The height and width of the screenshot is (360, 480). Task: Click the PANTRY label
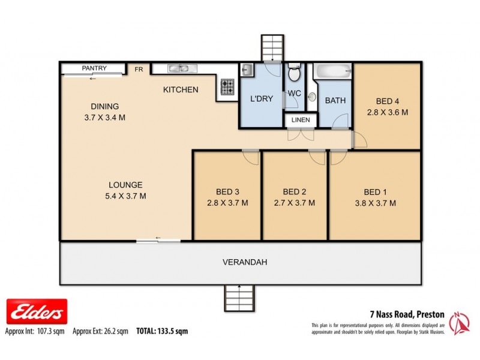coord(94,68)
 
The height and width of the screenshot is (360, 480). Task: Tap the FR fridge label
coord(139,70)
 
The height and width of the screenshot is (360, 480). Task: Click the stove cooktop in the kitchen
coord(227,88)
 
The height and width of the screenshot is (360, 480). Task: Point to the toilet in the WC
coord(294,74)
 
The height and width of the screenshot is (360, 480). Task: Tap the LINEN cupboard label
coord(301,120)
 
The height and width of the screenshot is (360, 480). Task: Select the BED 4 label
coord(388,101)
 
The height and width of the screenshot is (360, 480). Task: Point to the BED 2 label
coord(295,192)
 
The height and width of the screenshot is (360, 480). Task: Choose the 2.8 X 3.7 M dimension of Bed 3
coord(227,203)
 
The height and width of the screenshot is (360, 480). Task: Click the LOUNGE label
coord(125,185)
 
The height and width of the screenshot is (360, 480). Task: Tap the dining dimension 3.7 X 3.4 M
coord(104,118)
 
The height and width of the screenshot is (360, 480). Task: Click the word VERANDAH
coord(245,262)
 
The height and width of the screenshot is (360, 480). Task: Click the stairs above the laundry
coord(271,47)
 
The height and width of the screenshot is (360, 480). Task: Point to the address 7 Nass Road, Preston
coord(406,313)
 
